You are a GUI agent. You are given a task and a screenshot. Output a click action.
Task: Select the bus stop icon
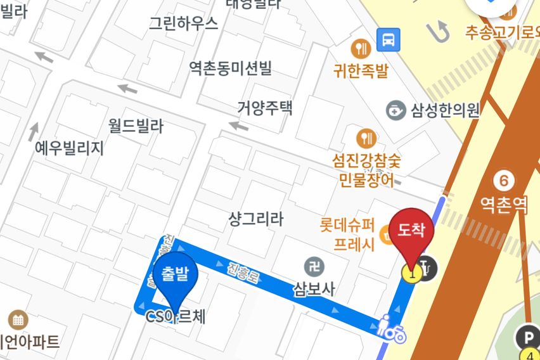[x=388, y=41]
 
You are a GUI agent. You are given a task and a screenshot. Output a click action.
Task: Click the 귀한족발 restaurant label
[x=361, y=70]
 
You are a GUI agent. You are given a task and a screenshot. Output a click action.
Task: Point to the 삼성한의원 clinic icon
[x=396, y=110]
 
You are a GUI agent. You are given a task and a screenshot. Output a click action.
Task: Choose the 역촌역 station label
[x=504, y=204]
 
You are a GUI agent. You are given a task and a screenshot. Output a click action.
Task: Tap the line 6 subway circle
[x=504, y=181]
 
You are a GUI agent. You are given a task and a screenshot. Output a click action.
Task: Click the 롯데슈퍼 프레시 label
[x=348, y=234]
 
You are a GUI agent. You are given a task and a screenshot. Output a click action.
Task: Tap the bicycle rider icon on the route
[x=392, y=330]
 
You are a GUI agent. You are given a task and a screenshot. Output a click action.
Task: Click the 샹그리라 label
[x=255, y=219]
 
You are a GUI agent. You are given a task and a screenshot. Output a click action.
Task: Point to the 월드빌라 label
[x=136, y=126]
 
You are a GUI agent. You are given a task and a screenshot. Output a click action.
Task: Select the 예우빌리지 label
[x=69, y=148]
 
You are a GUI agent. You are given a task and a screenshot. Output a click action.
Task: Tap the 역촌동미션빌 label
[x=230, y=67]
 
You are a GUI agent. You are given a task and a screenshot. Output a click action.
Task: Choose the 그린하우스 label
[x=183, y=23]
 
